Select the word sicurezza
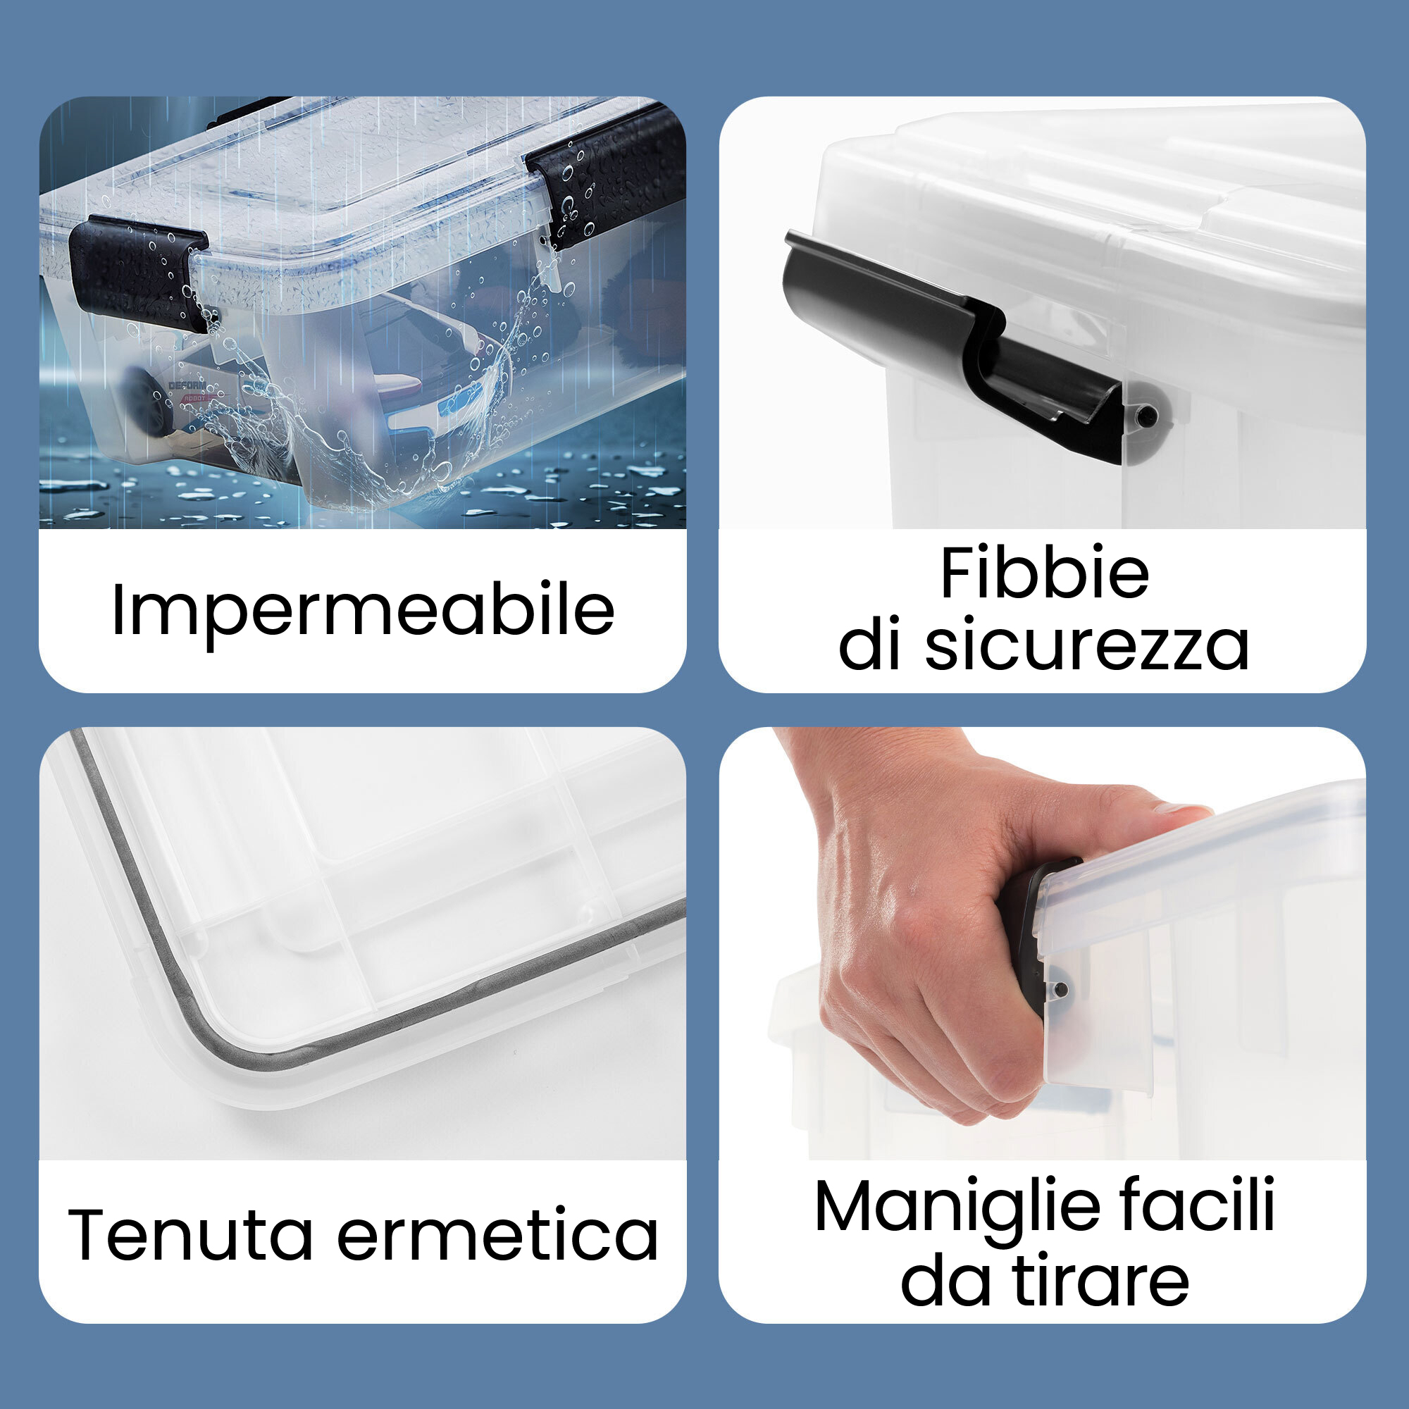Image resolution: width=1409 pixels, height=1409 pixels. click(1086, 644)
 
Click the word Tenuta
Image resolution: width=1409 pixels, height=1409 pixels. click(190, 1234)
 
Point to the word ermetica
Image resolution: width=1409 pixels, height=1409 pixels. click(497, 1234)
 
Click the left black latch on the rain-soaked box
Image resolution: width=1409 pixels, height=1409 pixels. click(139, 271)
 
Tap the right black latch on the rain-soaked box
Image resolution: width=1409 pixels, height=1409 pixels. click(605, 179)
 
